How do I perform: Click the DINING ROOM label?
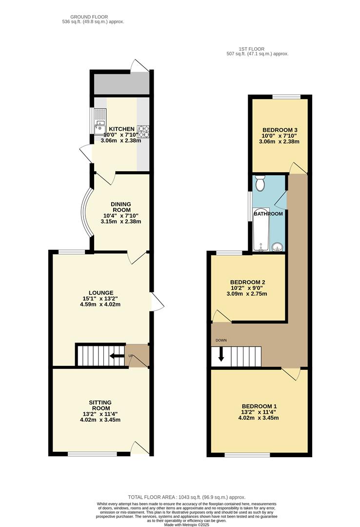coord(120,207)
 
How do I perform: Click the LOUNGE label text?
coord(101,293)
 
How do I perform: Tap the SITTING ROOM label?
coord(100,405)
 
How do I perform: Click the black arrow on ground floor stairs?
coord(117,356)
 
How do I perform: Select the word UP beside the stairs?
coord(131,356)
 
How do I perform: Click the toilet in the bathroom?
coord(260,183)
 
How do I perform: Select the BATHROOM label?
coord(268,214)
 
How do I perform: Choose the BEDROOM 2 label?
coord(248,282)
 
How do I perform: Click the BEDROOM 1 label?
coord(259,406)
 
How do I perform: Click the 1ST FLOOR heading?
coord(251,49)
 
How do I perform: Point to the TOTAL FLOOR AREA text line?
coord(186,497)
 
